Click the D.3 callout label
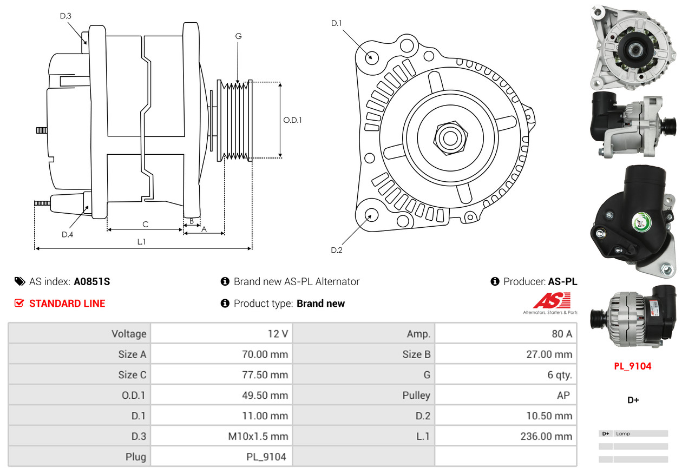coord(65,16)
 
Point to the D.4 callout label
coord(67,234)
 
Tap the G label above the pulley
coord(238,36)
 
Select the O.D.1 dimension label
coord(292,120)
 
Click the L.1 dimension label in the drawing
coord(141,242)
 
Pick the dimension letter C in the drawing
coord(145,224)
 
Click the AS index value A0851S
coord(92,281)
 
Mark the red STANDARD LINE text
coord(67,304)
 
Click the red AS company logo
coord(552,301)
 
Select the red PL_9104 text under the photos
coord(632,366)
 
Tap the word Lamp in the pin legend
coord(623,434)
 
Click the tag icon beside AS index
coord(19,281)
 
